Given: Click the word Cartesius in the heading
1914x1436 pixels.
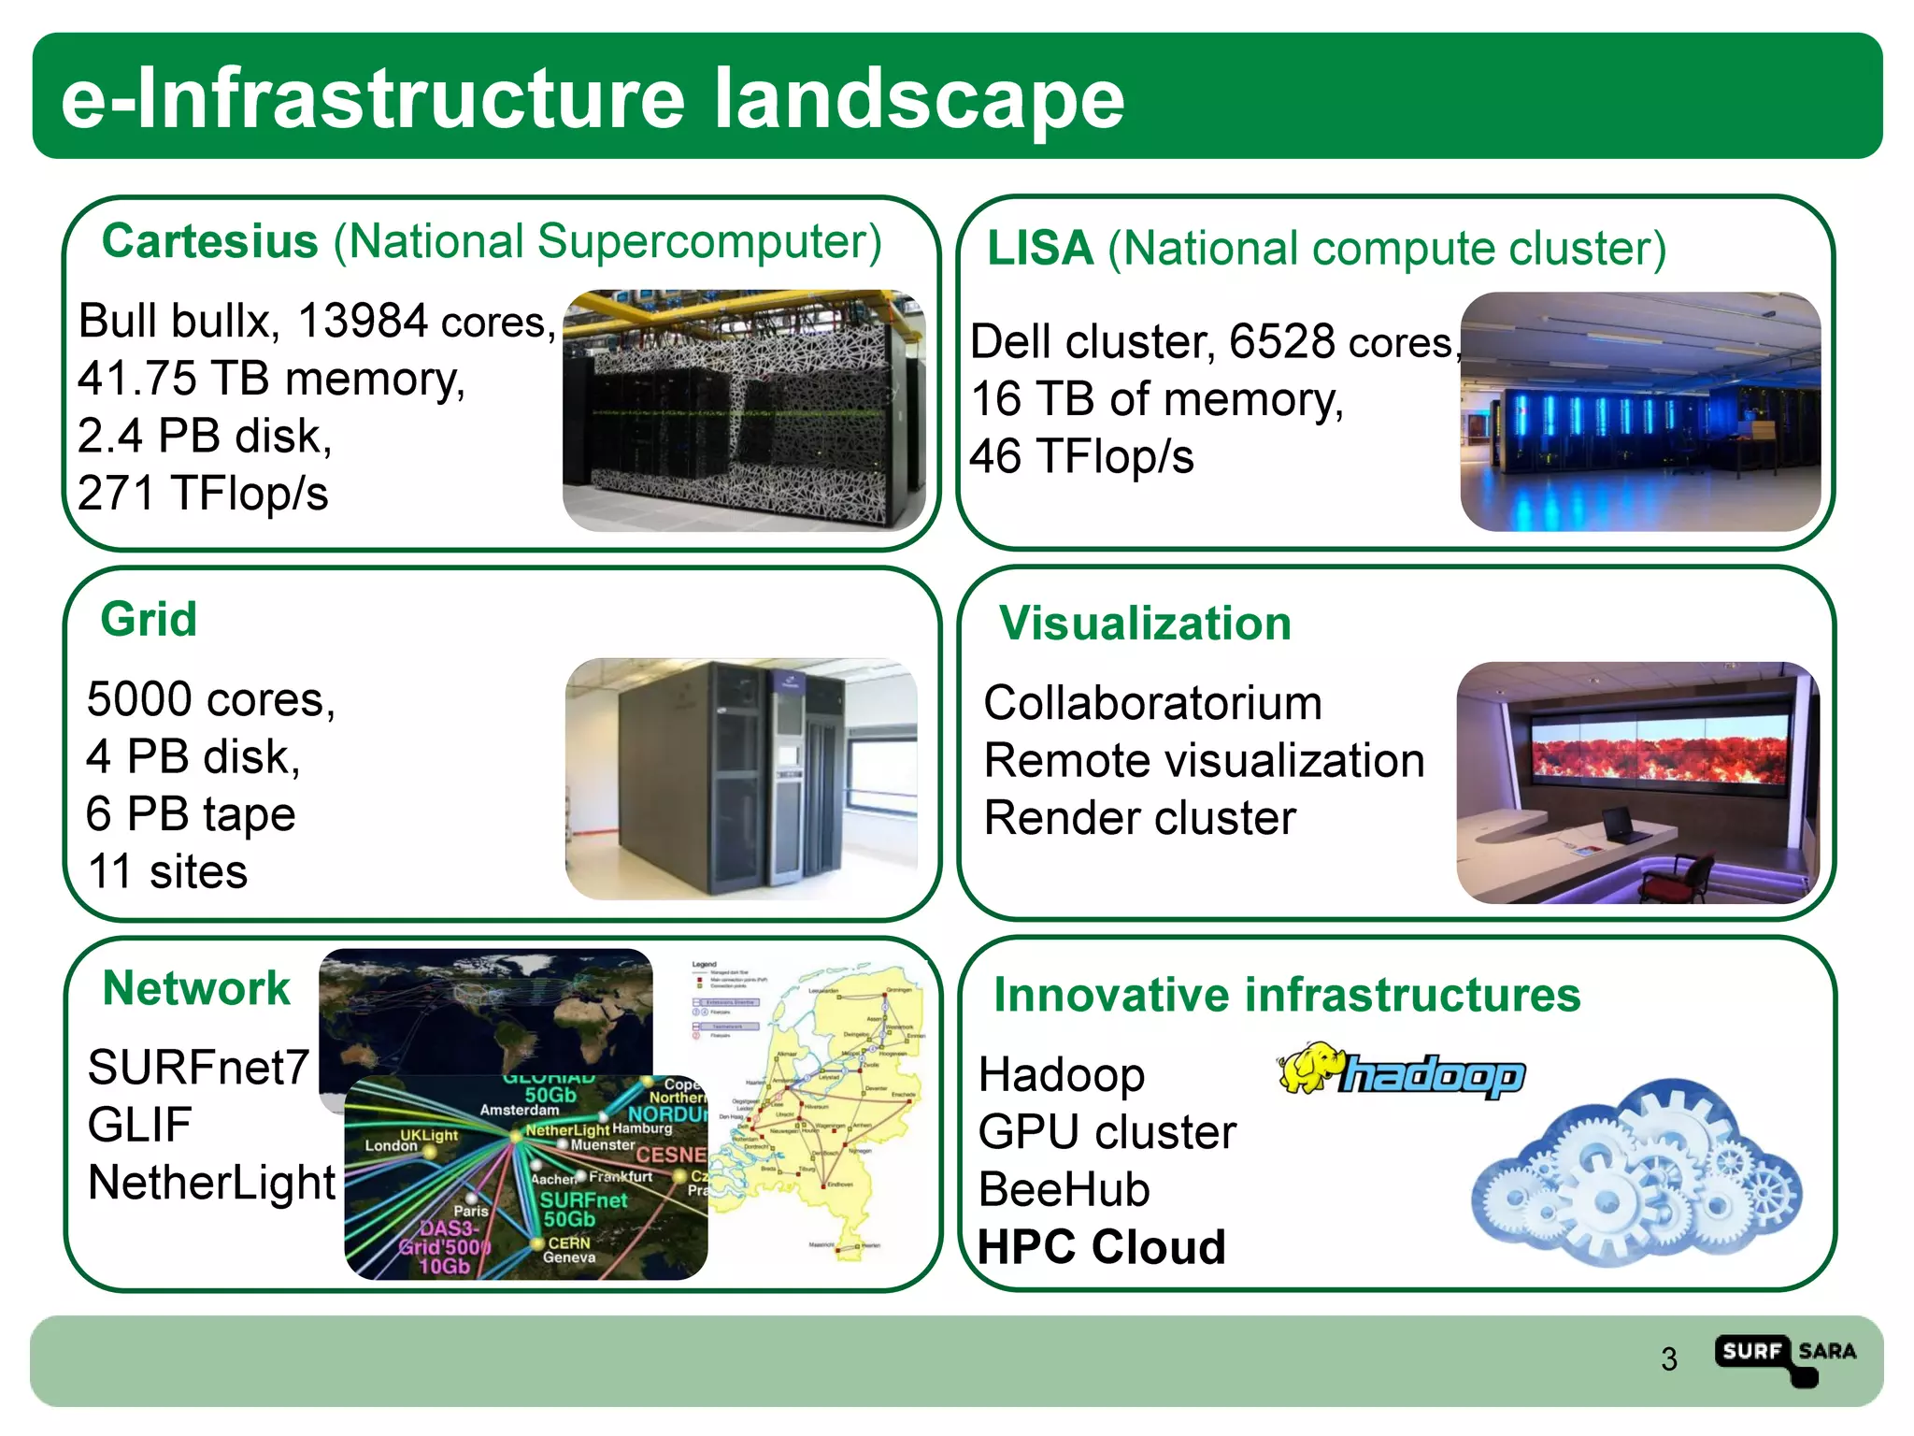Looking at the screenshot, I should [209, 241].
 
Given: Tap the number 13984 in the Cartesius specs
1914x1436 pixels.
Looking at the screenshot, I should [362, 321].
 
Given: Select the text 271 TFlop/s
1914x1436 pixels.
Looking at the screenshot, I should [203, 493].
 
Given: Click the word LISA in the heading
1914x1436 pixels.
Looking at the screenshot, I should [1039, 249].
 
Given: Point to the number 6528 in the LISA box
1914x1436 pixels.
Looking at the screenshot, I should [1281, 341].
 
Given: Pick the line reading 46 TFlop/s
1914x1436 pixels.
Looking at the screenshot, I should [1081, 457].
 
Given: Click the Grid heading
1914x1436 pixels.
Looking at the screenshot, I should [149, 619].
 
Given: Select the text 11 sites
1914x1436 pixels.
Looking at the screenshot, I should [167, 871].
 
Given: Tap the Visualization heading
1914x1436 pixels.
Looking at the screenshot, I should [1145, 623].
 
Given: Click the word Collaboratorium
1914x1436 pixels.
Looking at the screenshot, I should [1152, 703].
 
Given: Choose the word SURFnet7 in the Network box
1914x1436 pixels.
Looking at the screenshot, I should [197, 1067].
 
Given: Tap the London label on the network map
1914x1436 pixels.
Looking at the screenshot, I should [391, 1145].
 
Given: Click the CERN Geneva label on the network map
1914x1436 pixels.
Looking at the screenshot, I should [568, 1250].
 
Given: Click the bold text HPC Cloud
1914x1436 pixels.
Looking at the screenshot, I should [1101, 1247].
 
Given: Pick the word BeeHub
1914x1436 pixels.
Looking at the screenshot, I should [1064, 1190].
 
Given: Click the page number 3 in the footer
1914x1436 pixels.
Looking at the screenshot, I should [1669, 1358].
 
